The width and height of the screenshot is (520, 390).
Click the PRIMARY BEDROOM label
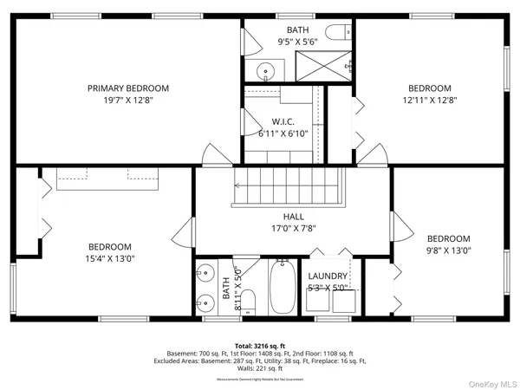tap(127, 88)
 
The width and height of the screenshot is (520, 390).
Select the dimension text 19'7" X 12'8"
tap(127, 100)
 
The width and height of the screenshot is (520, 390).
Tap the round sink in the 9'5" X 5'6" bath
tap(264, 69)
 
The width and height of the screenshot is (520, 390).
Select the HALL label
tap(292, 217)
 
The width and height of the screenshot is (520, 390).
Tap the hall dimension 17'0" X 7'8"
tap(292, 229)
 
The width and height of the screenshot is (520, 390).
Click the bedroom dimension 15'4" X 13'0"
tap(108, 258)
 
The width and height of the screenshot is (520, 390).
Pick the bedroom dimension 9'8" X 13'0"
tap(448, 251)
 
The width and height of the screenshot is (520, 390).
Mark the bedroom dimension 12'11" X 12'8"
tap(430, 100)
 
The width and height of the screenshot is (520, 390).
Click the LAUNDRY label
tap(328, 276)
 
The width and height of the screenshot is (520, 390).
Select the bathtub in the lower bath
tap(282, 290)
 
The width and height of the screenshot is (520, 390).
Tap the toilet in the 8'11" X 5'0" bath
tap(248, 302)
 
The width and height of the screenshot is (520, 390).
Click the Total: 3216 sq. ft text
tap(259, 346)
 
